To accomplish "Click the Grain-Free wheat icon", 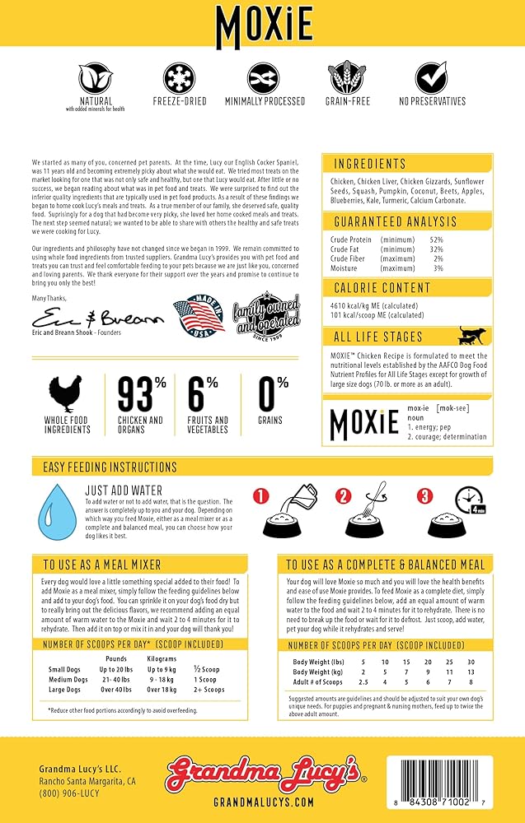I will tap(345, 78).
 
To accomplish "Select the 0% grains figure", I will tap(270, 393).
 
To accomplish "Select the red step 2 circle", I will tap(345, 496).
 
